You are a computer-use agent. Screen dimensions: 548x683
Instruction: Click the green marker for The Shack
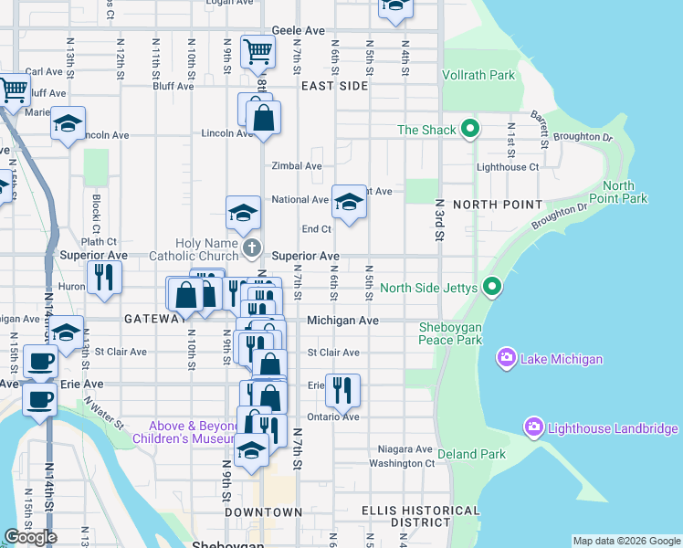point(470,130)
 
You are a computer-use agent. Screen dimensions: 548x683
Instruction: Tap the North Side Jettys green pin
point(492,289)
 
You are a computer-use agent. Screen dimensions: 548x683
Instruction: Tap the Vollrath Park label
point(478,76)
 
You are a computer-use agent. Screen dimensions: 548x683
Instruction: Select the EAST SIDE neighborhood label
point(334,86)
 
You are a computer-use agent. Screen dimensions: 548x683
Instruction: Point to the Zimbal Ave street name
point(297,166)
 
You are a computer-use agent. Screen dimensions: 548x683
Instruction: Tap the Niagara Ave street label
point(405,449)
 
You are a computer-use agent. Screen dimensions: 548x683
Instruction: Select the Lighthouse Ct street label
point(508,167)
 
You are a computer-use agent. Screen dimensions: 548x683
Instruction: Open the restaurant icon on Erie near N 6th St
point(342,388)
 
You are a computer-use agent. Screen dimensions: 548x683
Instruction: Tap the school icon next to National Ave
point(348,202)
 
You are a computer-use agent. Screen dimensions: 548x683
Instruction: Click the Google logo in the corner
point(30,538)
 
